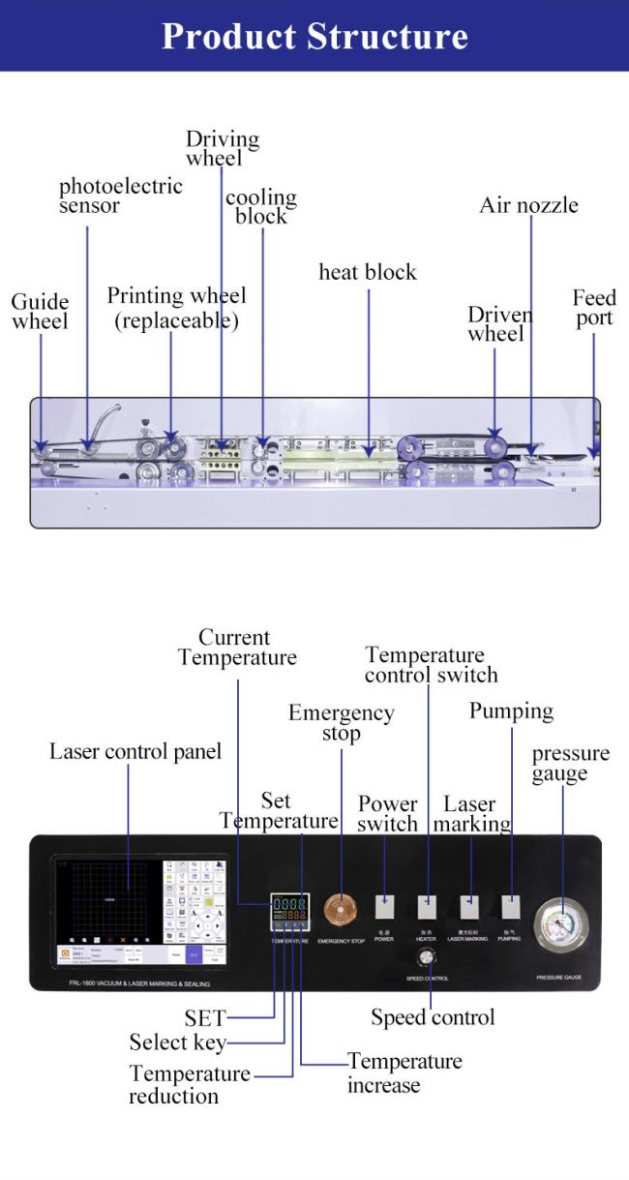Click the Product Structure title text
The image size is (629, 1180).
[x=314, y=36]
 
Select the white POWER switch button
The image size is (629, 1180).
[x=384, y=907]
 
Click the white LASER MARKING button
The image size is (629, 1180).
[x=468, y=907]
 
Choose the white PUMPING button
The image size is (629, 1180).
[x=510, y=907]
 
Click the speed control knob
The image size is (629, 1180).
[x=426, y=957]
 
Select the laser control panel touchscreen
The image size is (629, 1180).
[x=139, y=910]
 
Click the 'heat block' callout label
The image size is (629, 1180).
[x=368, y=273]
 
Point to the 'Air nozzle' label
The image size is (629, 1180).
[x=528, y=205]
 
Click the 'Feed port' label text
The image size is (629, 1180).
[x=593, y=308]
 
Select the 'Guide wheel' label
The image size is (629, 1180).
[x=40, y=312]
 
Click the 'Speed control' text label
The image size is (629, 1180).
[x=433, y=1017]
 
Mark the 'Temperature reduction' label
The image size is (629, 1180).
[x=189, y=1085]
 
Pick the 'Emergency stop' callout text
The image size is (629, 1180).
[x=341, y=723]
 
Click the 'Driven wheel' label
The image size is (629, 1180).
[x=499, y=324]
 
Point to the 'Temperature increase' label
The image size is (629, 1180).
[x=404, y=1073]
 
